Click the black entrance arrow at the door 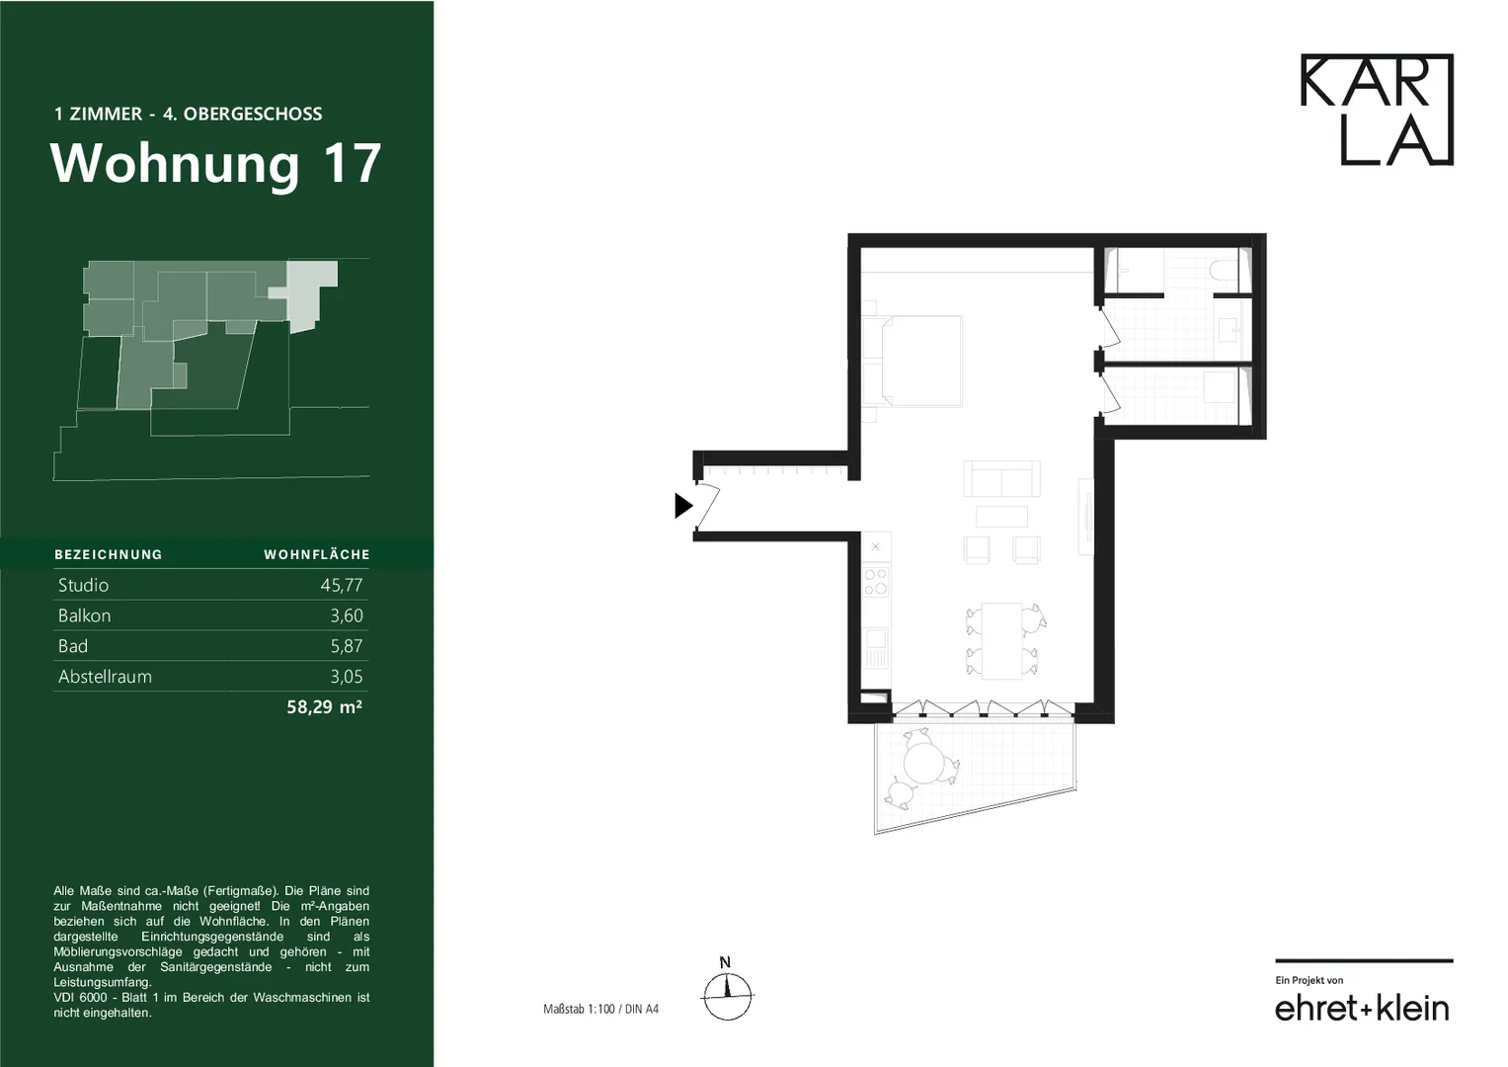(x=683, y=505)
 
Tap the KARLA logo (x=1377, y=109)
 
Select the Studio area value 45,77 (x=342, y=585)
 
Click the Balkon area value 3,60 (x=347, y=616)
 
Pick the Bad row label (x=73, y=646)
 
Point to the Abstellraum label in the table (x=105, y=677)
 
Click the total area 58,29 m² (x=325, y=706)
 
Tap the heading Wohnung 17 (x=215, y=163)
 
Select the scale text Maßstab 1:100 (x=579, y=1009)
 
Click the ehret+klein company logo (x=1362, y=1008)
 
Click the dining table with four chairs (x=1001, y=640)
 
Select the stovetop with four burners (x=876, y=583)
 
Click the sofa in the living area (x=1001, y=478)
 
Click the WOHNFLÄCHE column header (x=316, y=554)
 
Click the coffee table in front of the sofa (x=1001, y=517)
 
